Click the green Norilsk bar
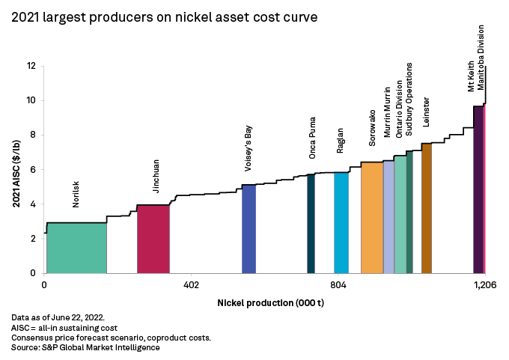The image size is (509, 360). coord(76,248)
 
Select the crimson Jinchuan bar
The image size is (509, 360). coord(153,240)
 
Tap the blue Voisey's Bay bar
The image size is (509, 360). coord(249,229)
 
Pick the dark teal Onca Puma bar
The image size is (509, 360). coord(311,224)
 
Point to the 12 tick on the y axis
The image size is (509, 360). coord(31,66)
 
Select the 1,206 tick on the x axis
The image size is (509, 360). coord(485,285)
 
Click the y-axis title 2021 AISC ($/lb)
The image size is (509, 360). coord(16,170)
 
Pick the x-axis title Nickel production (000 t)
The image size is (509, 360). coord(265,303)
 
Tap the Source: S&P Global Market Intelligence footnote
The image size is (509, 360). coord(86,347)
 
